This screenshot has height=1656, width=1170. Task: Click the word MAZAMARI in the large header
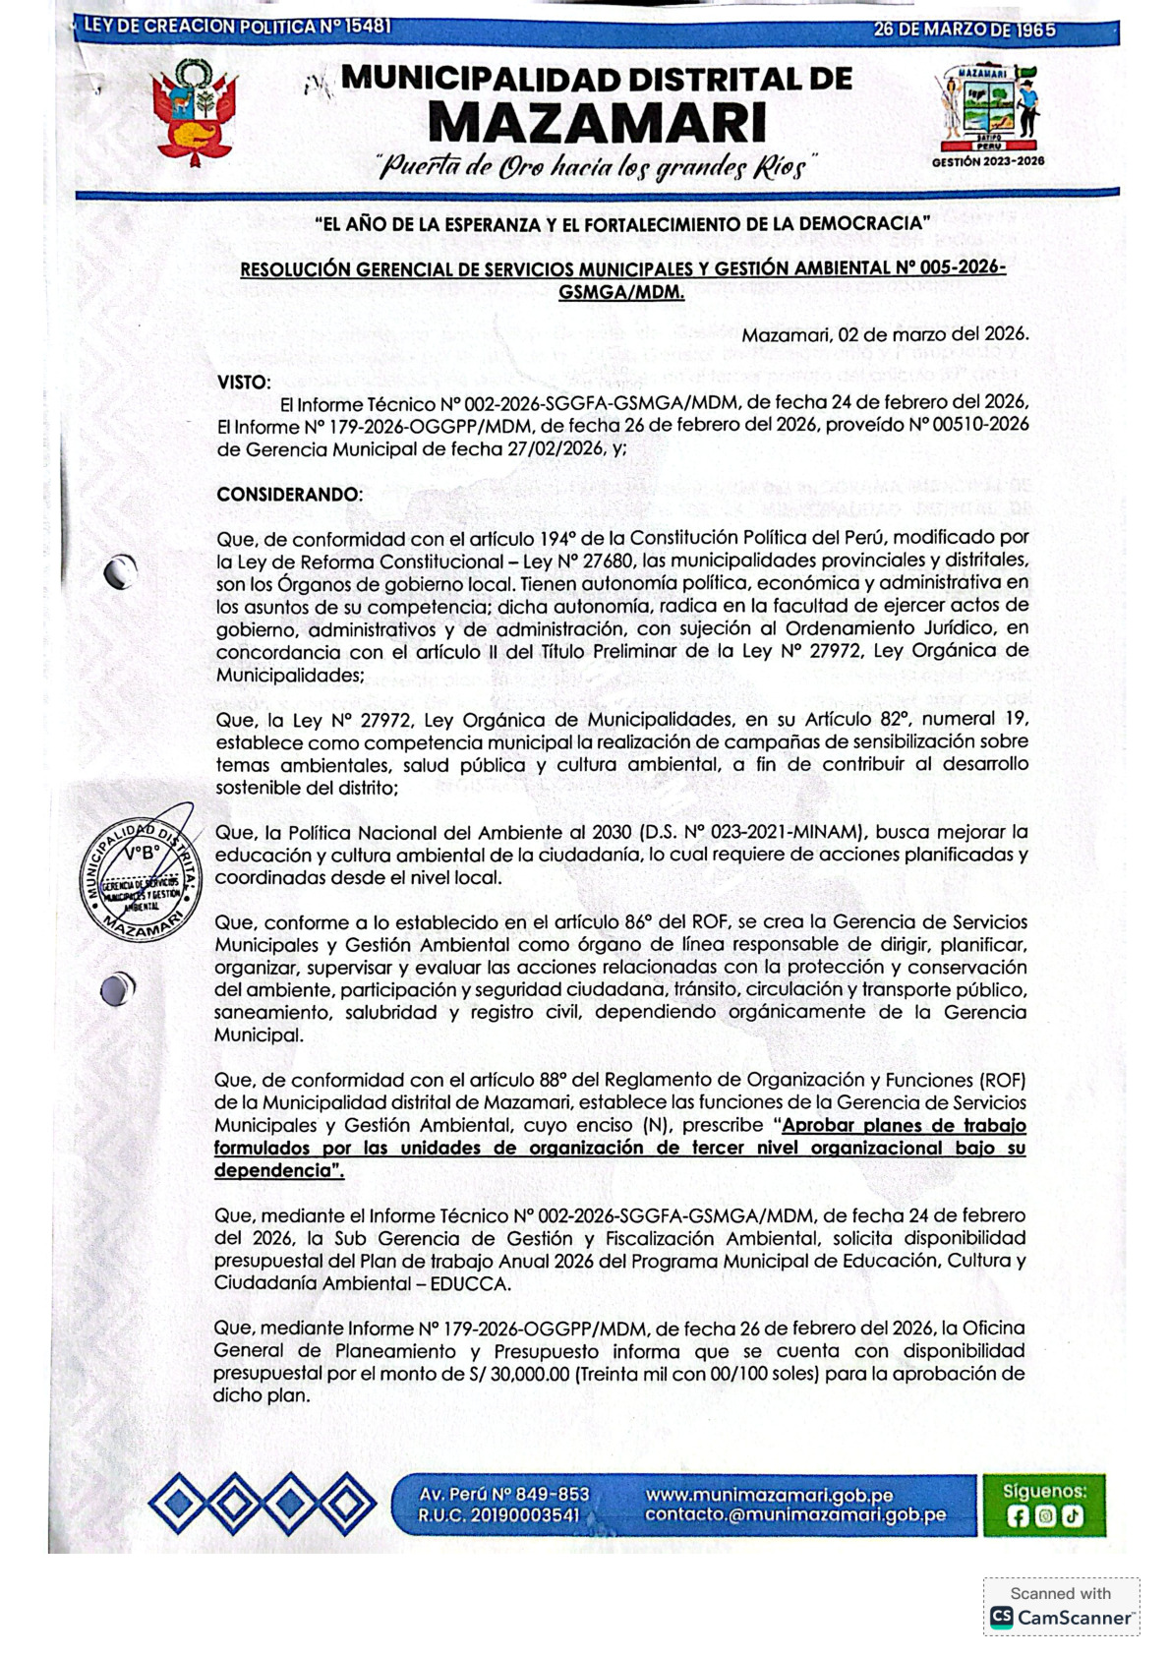597,124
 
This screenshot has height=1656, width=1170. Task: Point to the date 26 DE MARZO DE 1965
964,30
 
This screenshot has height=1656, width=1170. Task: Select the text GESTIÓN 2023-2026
987,161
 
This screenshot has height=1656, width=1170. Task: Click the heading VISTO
244,382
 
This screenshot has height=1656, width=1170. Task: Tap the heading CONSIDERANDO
289,494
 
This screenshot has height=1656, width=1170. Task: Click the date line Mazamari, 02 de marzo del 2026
885,334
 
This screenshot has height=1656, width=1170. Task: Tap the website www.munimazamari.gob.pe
769,1494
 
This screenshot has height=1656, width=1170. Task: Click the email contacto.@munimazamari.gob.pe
795,1515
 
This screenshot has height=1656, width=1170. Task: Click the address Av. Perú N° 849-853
504,1494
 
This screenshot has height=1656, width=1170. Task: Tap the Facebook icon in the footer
1019,1516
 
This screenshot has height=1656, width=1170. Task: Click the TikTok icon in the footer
1072,1516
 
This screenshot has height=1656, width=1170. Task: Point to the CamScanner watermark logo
1062,1617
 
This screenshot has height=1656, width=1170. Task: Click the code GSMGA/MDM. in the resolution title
621,292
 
